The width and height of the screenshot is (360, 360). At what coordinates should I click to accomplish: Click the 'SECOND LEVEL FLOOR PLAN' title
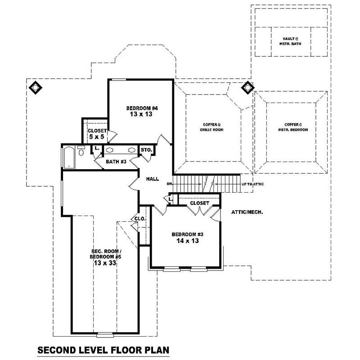103,350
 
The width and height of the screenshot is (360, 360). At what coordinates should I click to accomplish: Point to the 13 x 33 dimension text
106,264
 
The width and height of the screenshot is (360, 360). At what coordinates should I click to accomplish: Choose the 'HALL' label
152,179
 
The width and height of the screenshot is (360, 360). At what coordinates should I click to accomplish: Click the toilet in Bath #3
81,151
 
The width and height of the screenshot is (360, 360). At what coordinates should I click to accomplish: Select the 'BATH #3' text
116,162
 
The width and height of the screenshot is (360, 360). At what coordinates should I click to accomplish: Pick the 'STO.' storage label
146,150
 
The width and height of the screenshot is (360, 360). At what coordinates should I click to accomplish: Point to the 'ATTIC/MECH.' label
247,211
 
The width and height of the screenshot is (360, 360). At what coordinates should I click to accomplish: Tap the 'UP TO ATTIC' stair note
252,184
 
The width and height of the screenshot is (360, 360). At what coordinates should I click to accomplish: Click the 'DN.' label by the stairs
170,184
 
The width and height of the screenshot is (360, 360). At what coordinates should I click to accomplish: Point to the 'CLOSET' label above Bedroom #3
199,203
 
